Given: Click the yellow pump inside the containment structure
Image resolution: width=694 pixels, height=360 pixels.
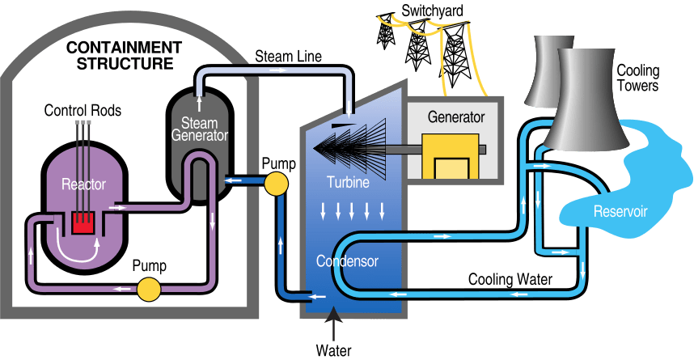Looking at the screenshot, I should click(x=148, y=288).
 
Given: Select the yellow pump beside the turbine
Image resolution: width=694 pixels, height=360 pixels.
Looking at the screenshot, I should click(x=277, y=184).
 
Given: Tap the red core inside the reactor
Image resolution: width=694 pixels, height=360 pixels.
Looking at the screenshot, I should click(x=83, y=222).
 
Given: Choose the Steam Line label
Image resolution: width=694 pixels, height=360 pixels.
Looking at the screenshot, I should click(x=288, y=57).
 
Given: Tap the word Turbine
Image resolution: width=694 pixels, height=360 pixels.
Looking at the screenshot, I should click(x=348, y=183).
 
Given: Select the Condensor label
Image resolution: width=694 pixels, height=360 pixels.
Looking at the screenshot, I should click(x=346, y=261).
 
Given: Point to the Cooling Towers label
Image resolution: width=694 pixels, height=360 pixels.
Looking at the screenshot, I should click(x=638, y=78).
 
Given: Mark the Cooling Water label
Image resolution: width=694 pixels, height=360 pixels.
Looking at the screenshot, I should click(x=510, y=280).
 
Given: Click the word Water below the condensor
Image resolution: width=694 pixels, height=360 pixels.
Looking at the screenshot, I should click(x=333, y=351).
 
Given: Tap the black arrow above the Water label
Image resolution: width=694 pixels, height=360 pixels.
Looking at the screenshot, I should click(x=332, y=325).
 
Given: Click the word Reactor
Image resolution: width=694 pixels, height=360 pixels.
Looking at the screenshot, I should click(x=84, y=184).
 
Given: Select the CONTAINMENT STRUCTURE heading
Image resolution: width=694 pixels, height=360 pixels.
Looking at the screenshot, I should click(x=125, y=54).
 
